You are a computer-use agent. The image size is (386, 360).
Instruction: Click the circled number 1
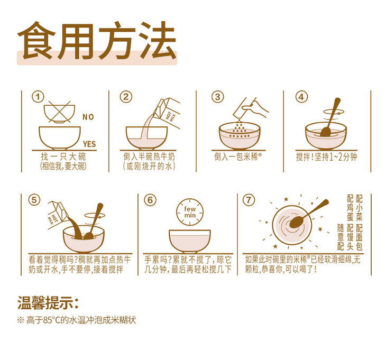[x=38, y=97]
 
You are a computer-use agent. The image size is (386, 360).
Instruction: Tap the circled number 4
[x=301, y=97]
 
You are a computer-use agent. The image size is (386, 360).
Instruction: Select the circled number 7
[x=249, y=200]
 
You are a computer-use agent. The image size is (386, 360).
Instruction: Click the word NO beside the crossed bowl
[x=88, y=117]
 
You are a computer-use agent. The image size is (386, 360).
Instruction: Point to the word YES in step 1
[x=89, y=144]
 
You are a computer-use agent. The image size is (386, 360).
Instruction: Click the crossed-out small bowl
[x=59, y=112]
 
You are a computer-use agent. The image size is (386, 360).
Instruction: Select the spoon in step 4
[x=330, y=117]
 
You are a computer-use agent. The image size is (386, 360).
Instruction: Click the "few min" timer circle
[x=190, y=212]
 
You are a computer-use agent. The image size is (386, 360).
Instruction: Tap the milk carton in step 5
[x=57, y=215]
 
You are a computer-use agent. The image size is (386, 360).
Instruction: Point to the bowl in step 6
[x=190, y=241]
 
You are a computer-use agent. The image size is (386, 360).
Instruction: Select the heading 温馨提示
[x=48, y=303]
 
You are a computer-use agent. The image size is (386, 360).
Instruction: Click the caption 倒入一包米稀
[x=237, y=156]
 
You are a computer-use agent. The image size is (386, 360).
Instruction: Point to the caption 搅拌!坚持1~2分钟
[x=326, y=157]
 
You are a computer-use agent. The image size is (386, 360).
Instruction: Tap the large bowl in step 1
[x=60, y=138]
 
